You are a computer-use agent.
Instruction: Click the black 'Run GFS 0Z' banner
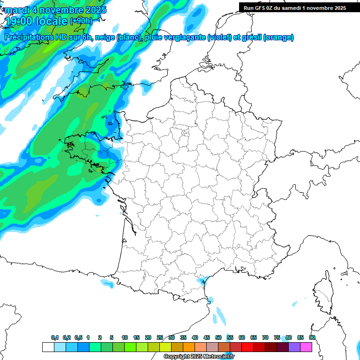[294, 7]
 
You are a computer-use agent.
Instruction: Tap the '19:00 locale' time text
[36, 21]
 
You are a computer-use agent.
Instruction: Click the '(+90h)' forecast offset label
[82, 21]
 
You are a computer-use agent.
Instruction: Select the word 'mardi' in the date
[17, 9]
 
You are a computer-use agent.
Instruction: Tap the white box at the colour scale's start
[48, 347]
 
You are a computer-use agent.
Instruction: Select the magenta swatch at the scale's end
[306, 347]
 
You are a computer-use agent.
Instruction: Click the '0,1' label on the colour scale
[55, 338]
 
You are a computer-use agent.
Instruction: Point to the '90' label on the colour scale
[312, 338]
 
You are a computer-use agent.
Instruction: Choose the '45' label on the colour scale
[207, 338]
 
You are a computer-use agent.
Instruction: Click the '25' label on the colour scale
[160, 338]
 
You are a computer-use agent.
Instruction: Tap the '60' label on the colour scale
[242, 338]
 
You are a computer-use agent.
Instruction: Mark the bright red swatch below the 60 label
[247, 347]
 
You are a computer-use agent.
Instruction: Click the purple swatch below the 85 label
[294, 347]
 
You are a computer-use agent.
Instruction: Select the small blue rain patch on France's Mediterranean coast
[202, 281]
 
